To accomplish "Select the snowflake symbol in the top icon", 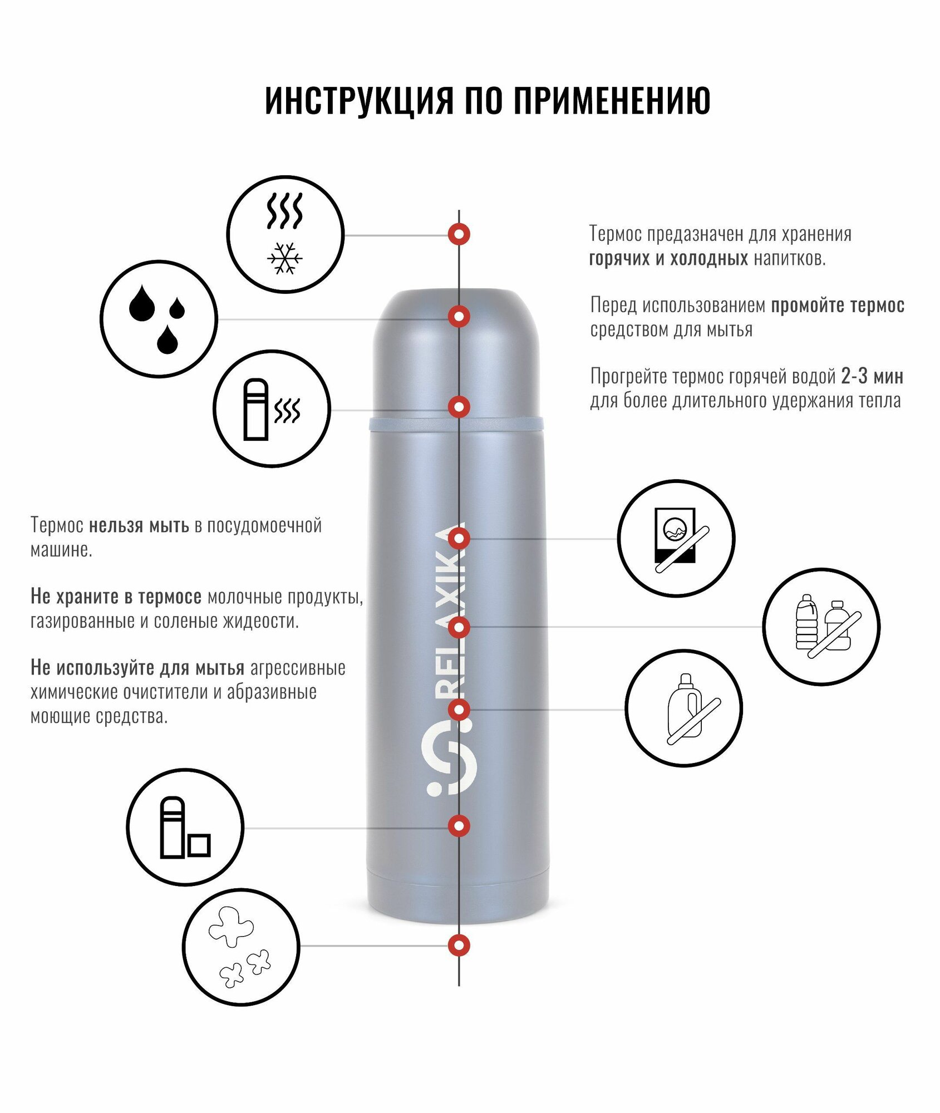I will coord(284,259).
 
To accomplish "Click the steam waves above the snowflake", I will coord(284,211).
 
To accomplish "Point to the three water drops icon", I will coord(159,319).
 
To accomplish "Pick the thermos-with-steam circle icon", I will coord(272,409).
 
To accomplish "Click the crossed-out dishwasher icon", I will coord(676,538).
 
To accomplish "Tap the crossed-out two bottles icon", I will coord(821,627).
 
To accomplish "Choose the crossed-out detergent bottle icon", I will coord(683,708).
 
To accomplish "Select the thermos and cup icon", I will coord(185,828).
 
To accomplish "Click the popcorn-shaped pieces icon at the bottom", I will coord(240,946).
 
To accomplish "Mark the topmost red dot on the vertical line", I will coord(459,234).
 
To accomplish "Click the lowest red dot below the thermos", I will coord(459,945).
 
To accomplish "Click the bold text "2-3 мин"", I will coord(872,377).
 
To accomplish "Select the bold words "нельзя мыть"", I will coord(139,525).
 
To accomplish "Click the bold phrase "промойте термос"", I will coord(837,306).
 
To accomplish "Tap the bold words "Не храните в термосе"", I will coord(116,597).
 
